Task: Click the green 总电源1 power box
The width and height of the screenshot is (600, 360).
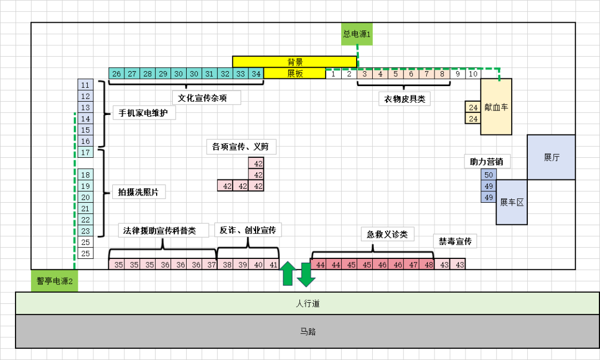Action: pos(357,34)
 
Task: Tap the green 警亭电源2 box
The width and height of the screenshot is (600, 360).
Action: pos(54,281)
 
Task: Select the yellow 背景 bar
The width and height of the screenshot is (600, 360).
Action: pos(294,62)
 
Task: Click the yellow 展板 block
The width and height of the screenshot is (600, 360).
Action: pos(294,73)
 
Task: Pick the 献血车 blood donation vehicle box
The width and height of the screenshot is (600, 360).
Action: pos(496,107)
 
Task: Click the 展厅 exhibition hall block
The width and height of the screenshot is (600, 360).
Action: pos(551,157)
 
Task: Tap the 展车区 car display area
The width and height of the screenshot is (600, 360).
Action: pos(512,202)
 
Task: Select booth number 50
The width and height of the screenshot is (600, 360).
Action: pos(489,174)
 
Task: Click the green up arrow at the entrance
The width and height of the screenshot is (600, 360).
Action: pos(288,273)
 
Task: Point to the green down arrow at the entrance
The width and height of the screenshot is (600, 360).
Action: pos(306,274)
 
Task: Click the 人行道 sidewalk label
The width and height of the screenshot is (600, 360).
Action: pos(307,304)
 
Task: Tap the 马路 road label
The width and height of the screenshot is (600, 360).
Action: pos(307,332)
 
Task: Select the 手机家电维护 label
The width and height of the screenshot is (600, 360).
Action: pos(144,113)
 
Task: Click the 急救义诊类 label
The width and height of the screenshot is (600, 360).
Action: pos(387,234)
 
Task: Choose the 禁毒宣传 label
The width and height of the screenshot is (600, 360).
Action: pos(454,242)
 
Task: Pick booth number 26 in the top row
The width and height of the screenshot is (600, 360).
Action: pos(116,74)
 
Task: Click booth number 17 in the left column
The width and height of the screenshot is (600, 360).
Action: pos(85,152)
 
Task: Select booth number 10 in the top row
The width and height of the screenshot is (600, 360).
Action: pos(473,74)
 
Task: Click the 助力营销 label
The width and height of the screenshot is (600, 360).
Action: pos(487,162)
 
